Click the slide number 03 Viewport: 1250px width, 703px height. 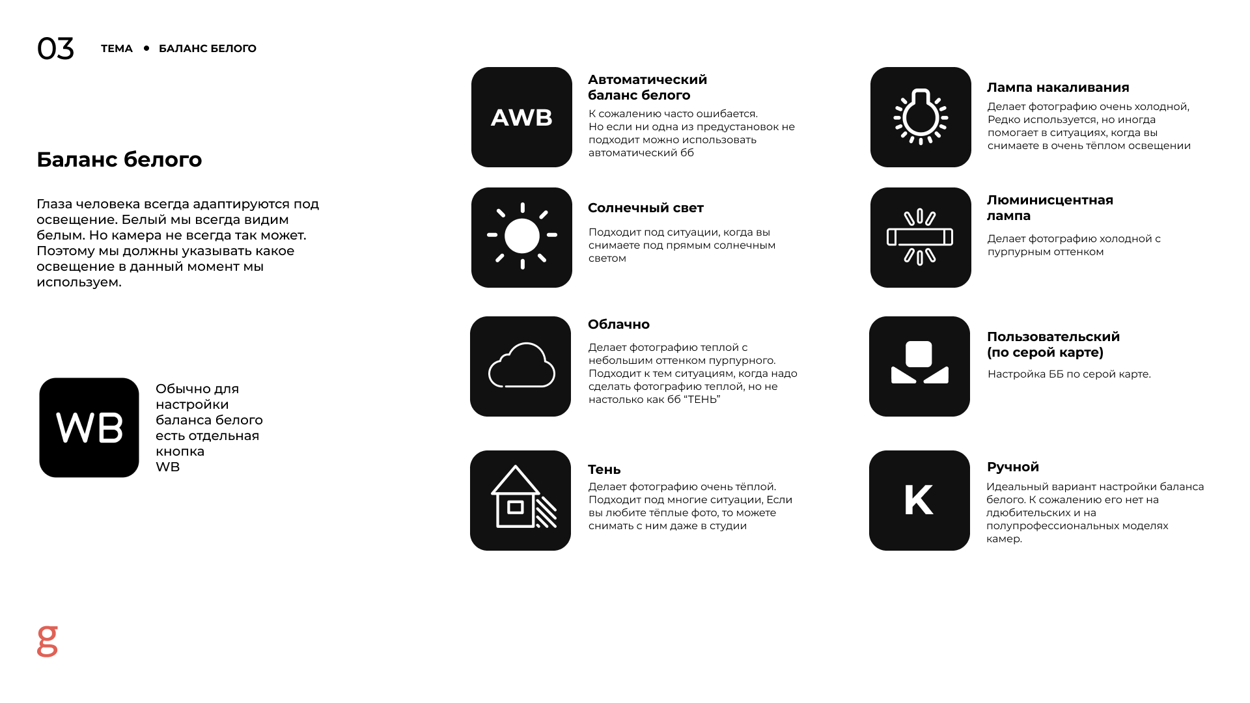click(x=55, y=49)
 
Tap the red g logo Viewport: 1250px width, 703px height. click(x=48, y=641)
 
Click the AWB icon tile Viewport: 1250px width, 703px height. click(x=521, y=117)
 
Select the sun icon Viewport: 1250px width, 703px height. click(x=521, y=237)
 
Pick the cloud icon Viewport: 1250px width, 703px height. click(x=521, y=366)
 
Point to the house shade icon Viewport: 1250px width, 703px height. click(x=521, y=500)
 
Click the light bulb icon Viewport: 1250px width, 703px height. click(x=921, y=117)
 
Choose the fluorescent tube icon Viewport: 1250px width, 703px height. click(x=921, y=237)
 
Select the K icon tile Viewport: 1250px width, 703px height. click(x=919, y=500)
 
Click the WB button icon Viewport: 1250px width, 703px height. click(x=89, y=428)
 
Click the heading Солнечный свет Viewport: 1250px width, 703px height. click(x=645, y=208)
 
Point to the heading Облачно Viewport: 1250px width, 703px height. click(x=618, y=324)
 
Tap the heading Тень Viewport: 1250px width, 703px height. click(x=604, y=469)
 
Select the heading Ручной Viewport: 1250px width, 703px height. click(x=1012, y=467)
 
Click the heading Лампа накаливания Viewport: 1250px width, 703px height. click(x=1058, y=87)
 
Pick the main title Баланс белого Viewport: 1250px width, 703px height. click(x=119, y=159)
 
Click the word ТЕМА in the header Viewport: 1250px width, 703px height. click(x=117, y=49)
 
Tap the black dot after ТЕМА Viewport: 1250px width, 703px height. click(x=146, y=48)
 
